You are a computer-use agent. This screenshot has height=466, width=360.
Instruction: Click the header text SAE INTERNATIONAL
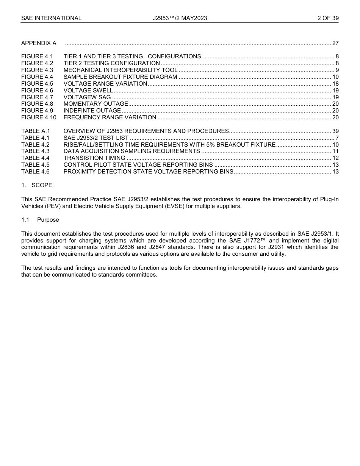click(x=51, y=18)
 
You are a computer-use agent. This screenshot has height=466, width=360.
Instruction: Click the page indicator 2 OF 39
click(x=328, y=18)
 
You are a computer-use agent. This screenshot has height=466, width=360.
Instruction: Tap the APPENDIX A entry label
click(x=39, y=43)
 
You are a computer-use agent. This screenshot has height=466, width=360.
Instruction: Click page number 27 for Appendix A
click(x=335, y=43)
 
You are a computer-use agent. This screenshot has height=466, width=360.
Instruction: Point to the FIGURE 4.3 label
click(x=37, y=70)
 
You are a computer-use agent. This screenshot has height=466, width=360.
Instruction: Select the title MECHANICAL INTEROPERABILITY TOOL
click(x=120, y=70)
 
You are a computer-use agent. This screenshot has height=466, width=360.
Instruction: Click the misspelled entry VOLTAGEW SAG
click(x=87, y=97)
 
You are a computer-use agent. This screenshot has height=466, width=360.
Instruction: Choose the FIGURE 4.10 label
click(x=39, y=117)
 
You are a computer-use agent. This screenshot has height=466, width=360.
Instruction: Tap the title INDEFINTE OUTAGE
click(x=92, y=111)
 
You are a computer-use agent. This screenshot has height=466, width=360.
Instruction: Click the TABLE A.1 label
click(x=36, y=131)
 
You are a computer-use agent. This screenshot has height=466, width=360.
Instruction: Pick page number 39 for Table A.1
click(x=335, y=131)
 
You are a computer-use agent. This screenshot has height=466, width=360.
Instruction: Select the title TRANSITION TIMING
click(x=94, y=158)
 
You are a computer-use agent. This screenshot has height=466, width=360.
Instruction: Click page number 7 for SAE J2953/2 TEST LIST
click(x=337, y=138)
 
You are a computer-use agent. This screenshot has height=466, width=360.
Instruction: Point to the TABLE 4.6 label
click(x=36, y=172)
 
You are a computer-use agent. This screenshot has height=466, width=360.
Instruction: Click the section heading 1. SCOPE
click(x=37, y=185)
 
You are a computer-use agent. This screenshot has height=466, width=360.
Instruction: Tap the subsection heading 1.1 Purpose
click(x=40, y=220)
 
